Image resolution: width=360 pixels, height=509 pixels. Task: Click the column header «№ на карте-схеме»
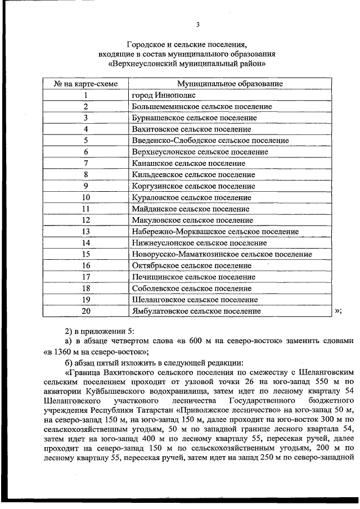pos(86,83)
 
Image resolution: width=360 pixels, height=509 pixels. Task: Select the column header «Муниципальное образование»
pos(229,83)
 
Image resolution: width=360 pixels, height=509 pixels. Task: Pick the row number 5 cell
pos(86,141)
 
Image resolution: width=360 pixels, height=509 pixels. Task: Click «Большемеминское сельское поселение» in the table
pos(201,106)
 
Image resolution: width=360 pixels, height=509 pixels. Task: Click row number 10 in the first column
pos(86,197)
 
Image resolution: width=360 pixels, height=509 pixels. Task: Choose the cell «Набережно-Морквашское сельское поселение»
pos(215,232)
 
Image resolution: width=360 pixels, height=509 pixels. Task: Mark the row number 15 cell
pos(86,254)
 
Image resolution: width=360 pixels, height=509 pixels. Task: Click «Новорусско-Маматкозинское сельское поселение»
pos(222,254)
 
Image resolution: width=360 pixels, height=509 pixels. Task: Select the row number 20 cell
pos(86,311)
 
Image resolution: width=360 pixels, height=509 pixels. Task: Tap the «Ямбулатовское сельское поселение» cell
pos(196,311)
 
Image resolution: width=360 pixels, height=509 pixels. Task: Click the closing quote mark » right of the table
pos(337,311)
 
